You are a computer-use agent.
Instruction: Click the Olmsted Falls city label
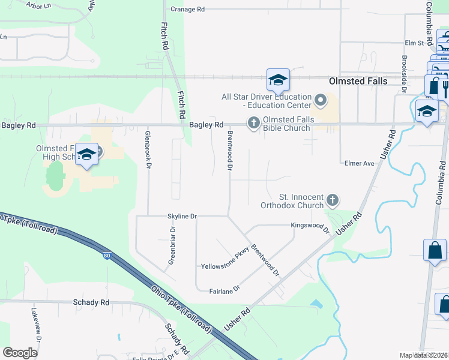pos(358,81)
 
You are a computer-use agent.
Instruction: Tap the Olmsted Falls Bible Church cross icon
pos(253,124)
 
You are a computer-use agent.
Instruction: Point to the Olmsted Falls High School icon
pos(87,155)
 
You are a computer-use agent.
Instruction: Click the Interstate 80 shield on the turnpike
pos(106,256)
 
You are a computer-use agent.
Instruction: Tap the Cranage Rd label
pos(187,10)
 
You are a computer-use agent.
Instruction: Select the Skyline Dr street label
pos(182,216)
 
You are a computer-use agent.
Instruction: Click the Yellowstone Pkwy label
pos(224,260)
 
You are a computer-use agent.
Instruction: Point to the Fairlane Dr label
pos(224,289)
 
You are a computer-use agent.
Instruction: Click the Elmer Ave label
pos(360,163)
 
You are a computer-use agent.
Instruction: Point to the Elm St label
pos(414,43)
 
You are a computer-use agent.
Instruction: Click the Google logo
pos(20,353)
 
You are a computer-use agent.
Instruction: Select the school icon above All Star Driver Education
pos(278,80)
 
